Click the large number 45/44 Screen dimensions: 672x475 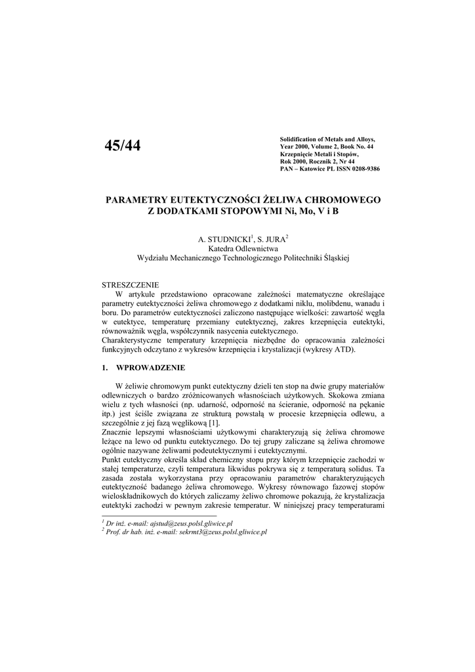(x=123, y=146)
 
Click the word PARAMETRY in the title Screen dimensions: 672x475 (x=136, y=199)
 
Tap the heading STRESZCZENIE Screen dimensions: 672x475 (x=131, y=286)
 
